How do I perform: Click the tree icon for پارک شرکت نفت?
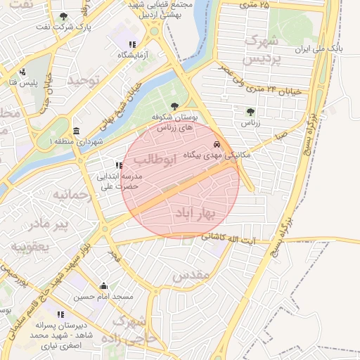pyautogui.click(x=64, y=16)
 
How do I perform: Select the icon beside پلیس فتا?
pyautogui.click(x=23, y=72)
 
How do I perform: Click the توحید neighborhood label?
pyautogui.click(x=84, y=80)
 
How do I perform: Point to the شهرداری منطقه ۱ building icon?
pyautogui.click(x=76, y=131)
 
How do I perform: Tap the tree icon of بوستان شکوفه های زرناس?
pyautogui.click(x=174, y=106)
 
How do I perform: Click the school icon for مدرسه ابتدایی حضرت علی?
pyautogui.click(x=119, y=165)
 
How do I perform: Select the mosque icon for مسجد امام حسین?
pyautogui.click(x=104, y=285)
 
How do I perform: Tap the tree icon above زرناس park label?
pyautogui.click(x=250, y=111)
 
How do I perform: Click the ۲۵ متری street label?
pyautogui.click(x=254, y=6)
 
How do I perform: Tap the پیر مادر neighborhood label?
pyautogui.click(x=49, y=224)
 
